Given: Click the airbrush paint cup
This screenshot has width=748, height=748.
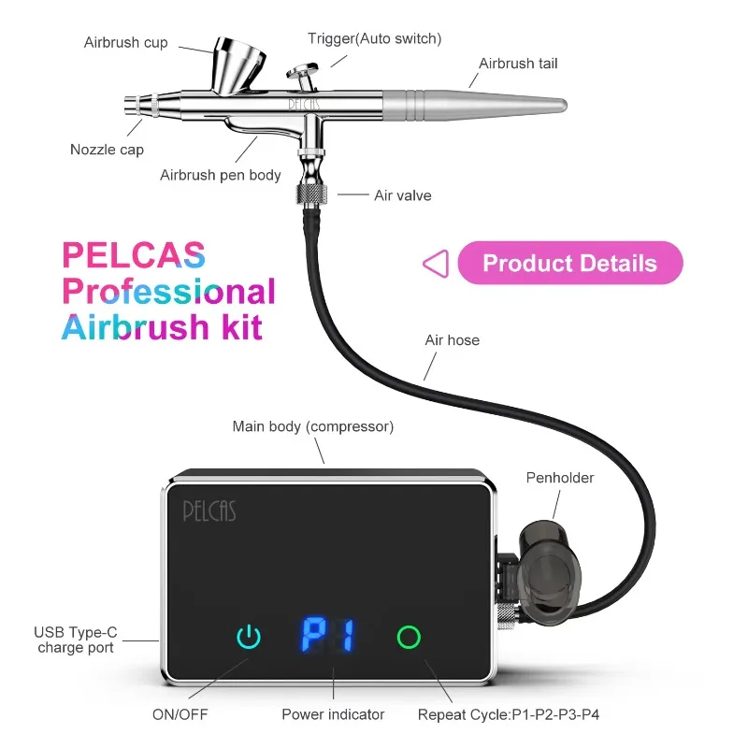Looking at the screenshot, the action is tap(237, 65).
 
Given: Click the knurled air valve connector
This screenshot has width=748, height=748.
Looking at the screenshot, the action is tap(312, 194).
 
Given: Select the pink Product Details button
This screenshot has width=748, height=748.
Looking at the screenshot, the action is tap(570, 263).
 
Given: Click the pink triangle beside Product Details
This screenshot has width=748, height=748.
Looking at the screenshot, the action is tap(436, 264).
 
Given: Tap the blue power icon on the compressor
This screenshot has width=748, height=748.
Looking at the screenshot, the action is tap(249, 637).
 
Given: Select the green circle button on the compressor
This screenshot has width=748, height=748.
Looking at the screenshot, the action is tap(409, 638).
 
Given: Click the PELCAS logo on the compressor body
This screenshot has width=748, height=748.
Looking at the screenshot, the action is tap(209, 511).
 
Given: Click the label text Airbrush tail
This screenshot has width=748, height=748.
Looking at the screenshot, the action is tap(518, 64).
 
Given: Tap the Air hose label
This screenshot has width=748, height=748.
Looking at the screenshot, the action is tap(453, 340).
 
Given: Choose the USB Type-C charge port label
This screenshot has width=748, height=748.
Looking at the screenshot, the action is tap(76, 640).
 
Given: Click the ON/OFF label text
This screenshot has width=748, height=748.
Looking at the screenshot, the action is tap(180, 714).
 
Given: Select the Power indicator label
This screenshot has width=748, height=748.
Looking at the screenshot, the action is tap(333, 714).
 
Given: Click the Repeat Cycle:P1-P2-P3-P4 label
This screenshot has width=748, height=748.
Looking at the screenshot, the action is tap(509, 714).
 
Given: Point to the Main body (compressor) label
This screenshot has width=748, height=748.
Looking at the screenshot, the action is tap(313, 426).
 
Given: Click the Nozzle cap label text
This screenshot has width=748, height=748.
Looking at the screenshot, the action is tap(107, 150).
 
